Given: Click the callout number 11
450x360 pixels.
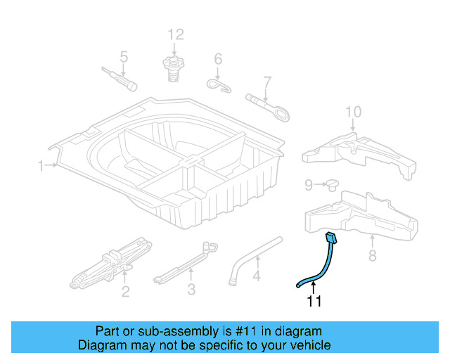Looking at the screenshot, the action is pos(314,301).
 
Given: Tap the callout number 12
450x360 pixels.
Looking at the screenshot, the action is pos(176,34).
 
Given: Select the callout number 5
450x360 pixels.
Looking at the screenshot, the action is pos(124,57).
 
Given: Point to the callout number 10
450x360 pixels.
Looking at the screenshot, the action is pos(353,112).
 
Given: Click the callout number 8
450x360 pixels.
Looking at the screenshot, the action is pos(372,255).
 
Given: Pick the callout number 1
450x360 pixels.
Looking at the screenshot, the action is pos(41,166).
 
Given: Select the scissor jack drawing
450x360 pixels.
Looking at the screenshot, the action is pos(112,263).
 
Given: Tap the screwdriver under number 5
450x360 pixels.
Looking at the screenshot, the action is pos(119,79).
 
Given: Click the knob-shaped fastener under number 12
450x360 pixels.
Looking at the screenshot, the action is pos(174,68).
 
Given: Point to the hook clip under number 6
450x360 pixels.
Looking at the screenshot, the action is pos(219,85).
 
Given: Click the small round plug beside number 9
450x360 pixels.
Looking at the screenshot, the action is pos(332,185).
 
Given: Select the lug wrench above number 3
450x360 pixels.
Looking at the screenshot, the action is pos(185,263).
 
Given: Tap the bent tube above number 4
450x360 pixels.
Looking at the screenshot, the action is pos(255,260).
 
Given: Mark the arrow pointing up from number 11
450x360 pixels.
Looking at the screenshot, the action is pos(314,288).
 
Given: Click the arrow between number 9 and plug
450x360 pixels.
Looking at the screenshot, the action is pos(320,184).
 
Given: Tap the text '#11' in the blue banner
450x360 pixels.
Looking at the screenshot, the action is pos(245,331).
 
